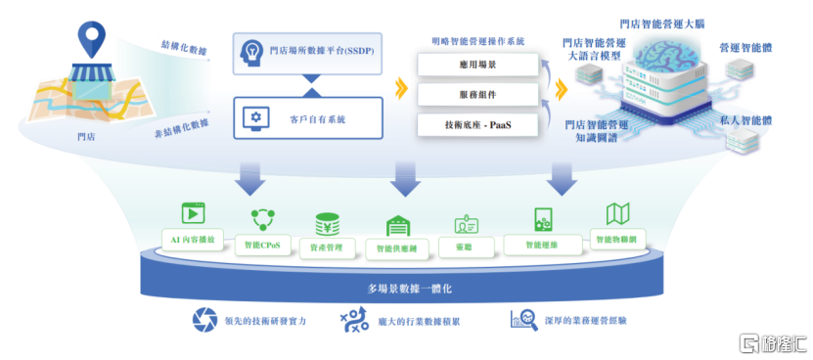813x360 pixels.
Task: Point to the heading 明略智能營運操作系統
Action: (x=477, y=42)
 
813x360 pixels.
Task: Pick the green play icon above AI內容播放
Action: (x=194, y=213)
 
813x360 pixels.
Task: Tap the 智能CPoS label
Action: (x=263, y=245)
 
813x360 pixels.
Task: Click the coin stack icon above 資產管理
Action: (x=327, y=223)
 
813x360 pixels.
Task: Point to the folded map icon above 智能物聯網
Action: (x=617, y=214)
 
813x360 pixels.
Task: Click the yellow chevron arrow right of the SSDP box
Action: (x=399, y=90)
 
